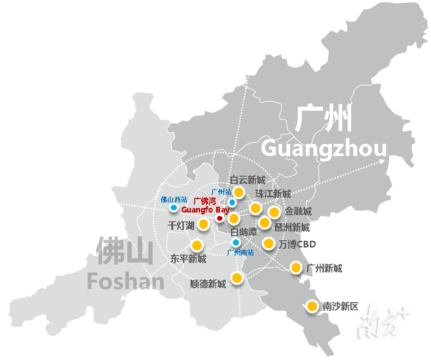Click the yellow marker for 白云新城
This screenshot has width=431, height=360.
coord(239,192)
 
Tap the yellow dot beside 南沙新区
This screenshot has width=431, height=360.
coord(312,307)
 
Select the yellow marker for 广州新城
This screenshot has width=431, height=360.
coord(296,268)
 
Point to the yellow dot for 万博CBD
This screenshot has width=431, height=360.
coord(269,243)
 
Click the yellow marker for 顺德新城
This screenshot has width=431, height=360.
coord(237,278)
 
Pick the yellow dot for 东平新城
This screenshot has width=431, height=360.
coord(197,245)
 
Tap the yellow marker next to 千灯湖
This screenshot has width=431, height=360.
coord(203,224)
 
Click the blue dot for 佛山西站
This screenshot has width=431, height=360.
coord(173,208)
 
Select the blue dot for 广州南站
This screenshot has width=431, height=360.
coord(235,242)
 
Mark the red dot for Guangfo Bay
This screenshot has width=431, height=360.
coord(219,218)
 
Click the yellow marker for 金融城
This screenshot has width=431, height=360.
coord(274,212)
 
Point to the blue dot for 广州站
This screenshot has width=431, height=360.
coord(232,202)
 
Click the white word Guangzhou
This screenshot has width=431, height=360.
coord(323,148)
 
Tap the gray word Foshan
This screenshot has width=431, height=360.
coord(126,281)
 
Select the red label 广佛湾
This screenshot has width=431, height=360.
coord(204,202)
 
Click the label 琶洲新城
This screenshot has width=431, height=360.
coord(292,227)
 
